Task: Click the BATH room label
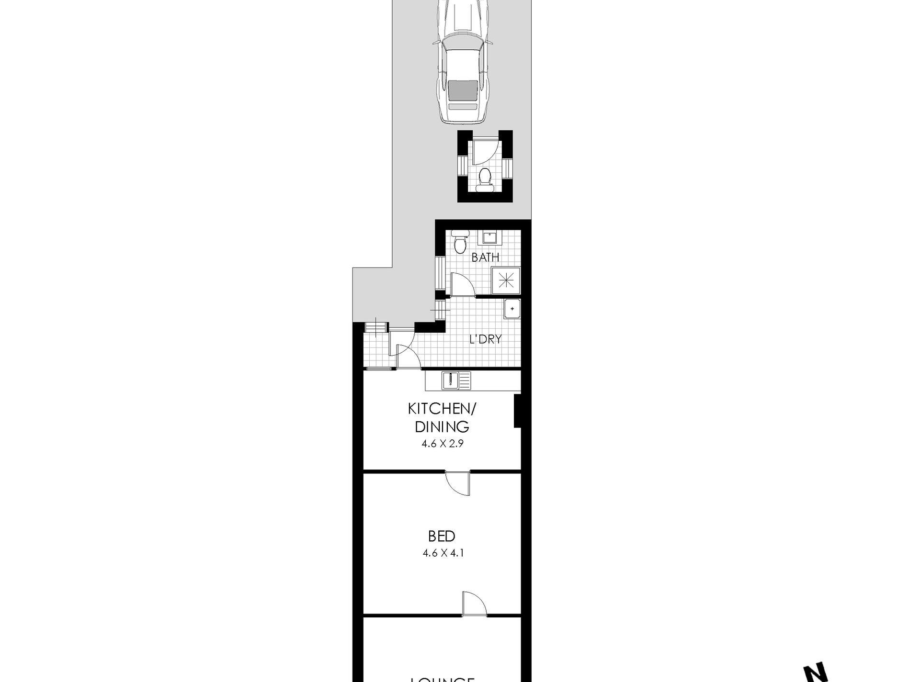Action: tap(485, 257)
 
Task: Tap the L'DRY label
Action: tap(485, 339)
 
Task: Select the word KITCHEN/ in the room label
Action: tap(442, 409)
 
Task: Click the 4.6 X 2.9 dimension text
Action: tap(442, 444)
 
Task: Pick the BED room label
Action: tap(442, 536)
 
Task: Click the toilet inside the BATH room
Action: tap(460, 242)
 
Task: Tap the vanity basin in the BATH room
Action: tap(488, 237)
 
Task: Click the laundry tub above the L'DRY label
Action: tap(512, 309)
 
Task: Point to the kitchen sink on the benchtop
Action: tap(452, 381)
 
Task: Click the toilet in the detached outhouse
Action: tap(485, 180)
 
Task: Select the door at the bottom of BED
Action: tap(474, 604)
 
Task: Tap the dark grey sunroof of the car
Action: tap(463, 90)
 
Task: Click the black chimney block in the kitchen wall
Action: tap(517, 411)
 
